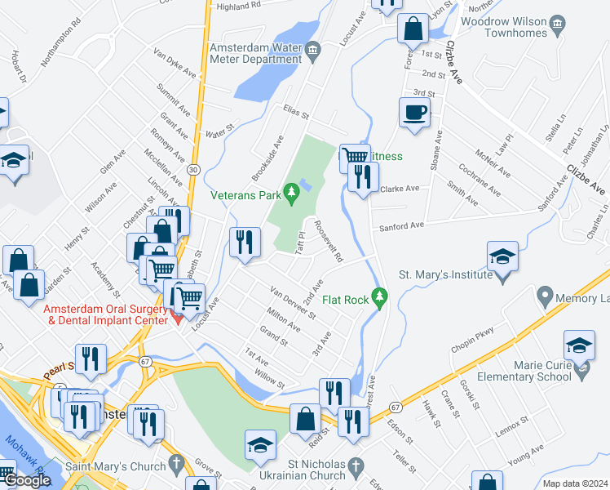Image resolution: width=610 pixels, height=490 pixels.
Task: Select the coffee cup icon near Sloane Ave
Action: coord(414,113)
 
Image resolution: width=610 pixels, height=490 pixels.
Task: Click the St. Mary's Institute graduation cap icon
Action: coord(502,256)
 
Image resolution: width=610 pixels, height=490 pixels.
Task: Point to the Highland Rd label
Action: coord(237,5)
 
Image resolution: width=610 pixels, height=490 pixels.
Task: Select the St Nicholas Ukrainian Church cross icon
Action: coord(354,466)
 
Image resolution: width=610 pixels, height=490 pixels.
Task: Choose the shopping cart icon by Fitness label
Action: coord(354,157)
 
